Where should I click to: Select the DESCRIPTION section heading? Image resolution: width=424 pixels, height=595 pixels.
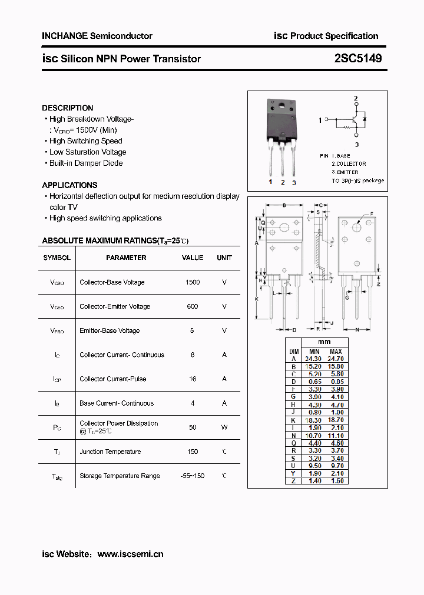[x=68, y=108]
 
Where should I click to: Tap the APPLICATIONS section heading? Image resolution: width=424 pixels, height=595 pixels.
[x=69, y=185]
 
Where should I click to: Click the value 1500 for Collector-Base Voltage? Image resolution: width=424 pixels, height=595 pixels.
[x=193, y=282]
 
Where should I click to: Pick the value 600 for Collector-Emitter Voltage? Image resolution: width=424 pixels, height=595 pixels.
[x=193, y=306]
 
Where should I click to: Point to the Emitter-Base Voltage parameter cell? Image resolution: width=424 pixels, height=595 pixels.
[x=110, y=330]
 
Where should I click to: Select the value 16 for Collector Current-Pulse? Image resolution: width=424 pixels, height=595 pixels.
[x=193, y=379]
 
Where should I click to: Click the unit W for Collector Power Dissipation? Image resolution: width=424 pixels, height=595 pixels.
[x=224, y=427]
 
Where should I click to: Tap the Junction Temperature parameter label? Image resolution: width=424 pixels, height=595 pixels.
[x=110, y=452]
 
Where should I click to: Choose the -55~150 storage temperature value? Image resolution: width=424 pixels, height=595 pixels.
[x=193, y=476]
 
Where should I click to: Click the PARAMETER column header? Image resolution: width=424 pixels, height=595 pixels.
[x=126, y=258]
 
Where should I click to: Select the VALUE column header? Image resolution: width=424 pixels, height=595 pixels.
[x=193, y=258]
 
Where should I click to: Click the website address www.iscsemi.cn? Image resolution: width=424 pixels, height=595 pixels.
[x=130, y=554]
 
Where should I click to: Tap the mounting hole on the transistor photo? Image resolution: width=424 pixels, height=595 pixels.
[x=282, y=107]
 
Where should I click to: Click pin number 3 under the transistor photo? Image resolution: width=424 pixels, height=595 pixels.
[x=294, y=183]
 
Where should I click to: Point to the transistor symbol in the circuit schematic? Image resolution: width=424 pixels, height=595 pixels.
[x=355, y=119]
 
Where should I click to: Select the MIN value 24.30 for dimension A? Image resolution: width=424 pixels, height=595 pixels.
[x=313, y=359]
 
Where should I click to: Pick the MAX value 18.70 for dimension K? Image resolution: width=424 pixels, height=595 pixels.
[x=336, y=420]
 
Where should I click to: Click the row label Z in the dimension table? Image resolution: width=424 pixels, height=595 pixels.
[x=293, y=481]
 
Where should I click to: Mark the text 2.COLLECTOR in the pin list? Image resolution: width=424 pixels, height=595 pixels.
[x=349, y=163]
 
